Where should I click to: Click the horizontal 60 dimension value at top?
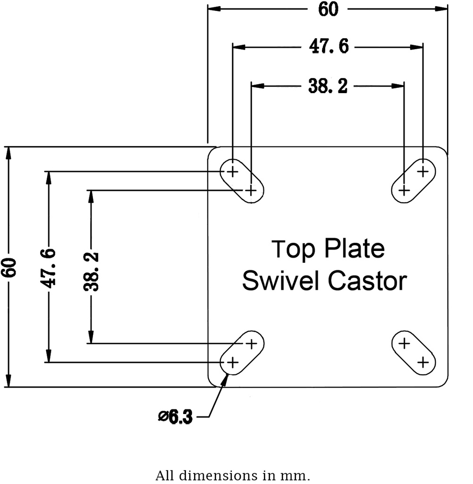coord(328,9)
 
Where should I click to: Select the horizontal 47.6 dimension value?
coord(329,47)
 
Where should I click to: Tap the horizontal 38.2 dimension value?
coord(328,86)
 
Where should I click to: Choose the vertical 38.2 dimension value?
coord(91,271)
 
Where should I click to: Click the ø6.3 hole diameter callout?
coord(176,417)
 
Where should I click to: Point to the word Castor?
coord(367,281)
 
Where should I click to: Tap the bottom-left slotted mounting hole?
coord(242,353)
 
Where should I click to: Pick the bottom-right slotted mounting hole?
coord(414,353)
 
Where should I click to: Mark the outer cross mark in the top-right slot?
coord(423,171)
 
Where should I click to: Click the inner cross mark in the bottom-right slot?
coord(404,343)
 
